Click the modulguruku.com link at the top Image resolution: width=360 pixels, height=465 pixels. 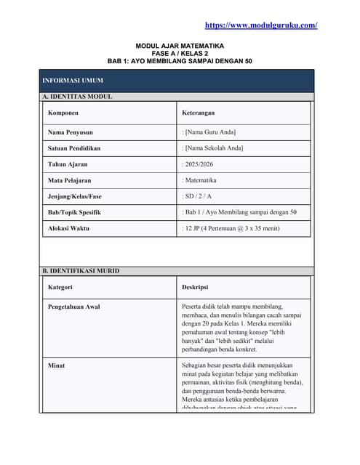pos(261,25)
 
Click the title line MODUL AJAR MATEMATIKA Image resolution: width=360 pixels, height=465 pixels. pos(180,45)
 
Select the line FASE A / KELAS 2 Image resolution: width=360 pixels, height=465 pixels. pos(180,53)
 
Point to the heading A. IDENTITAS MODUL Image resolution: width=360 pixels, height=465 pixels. pos(76,97)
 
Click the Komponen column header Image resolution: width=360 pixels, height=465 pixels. pos(63,113)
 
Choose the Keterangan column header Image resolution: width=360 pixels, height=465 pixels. pos(198,113)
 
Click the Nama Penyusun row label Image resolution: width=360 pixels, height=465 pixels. pos(71,132)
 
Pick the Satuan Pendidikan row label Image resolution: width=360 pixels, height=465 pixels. pos(74,148)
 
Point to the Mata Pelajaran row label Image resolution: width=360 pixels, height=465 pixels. pos(70,180)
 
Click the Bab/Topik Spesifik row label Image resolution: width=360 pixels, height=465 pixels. pos(74,212)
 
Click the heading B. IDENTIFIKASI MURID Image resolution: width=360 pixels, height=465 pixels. pos(80,271)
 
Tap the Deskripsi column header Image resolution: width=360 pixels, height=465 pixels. pos(195,288)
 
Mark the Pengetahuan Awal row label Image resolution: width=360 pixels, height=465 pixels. pos(73,307)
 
